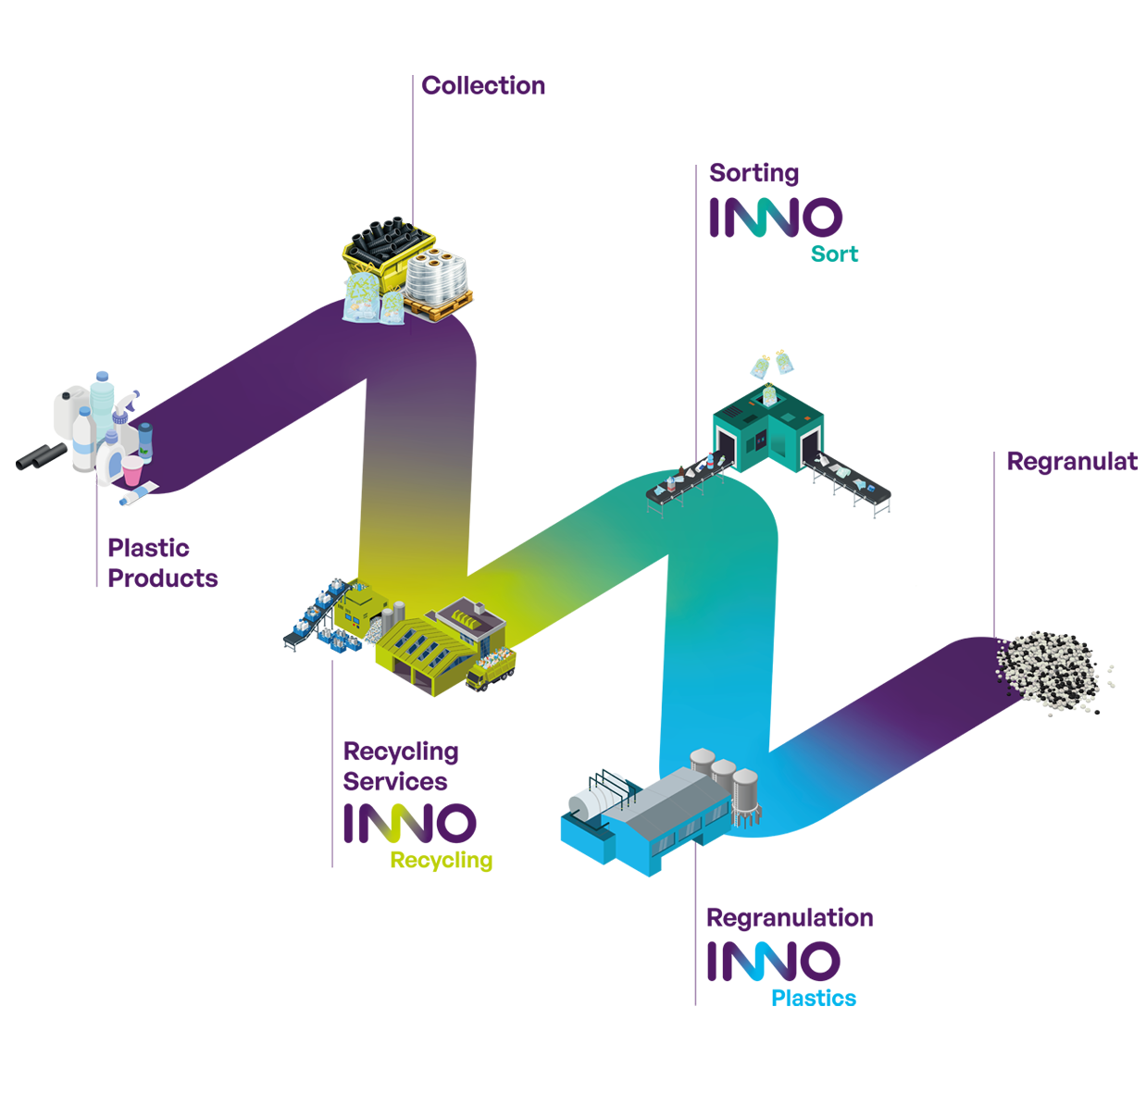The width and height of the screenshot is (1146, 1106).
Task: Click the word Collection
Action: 482,86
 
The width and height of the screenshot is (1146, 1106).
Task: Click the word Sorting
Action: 754,173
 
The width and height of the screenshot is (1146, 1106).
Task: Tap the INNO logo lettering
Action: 776,218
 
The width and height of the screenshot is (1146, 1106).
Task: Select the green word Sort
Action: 834,255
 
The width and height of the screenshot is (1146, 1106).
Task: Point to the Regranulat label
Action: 1071,461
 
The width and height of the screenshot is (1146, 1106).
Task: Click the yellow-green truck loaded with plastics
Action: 492,666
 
